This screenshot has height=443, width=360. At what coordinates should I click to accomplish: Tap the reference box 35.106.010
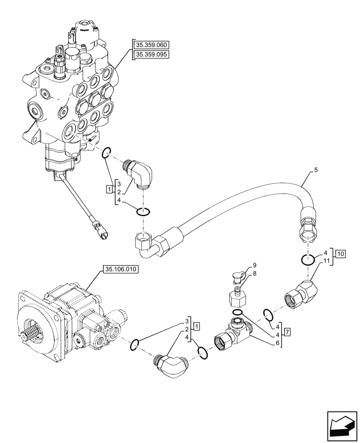point(121,269)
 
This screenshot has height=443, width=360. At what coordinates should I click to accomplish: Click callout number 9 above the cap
point(254,265)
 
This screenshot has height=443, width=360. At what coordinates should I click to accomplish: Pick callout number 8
point(254,274)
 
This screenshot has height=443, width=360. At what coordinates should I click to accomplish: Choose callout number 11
point(326,261)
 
